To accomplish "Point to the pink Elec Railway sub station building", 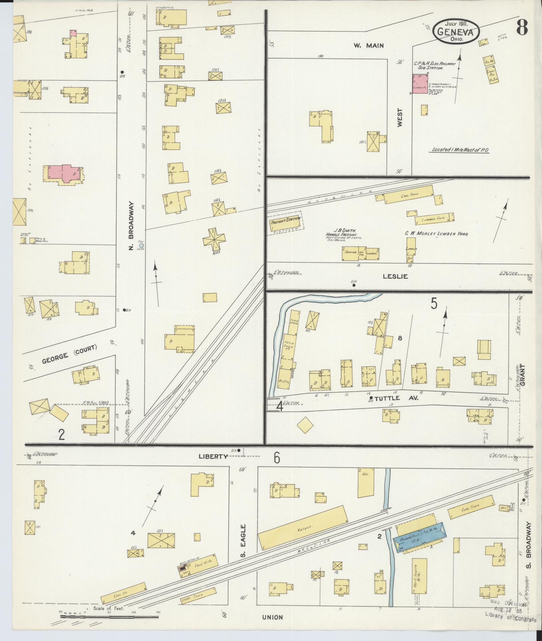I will click(420, 83).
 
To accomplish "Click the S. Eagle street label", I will click(243, 545).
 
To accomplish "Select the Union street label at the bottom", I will click(272, 617).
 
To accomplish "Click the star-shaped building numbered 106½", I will click(213, 240).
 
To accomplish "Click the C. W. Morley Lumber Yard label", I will click(436, 234).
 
